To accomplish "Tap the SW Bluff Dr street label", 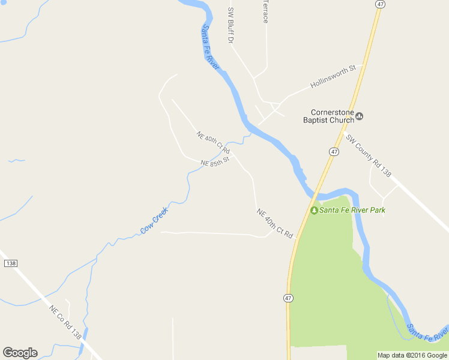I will pyautogui.click(x=230, y=25).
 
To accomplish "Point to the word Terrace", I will pyautogui.click(x=265, y=11).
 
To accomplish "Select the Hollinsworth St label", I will pyautogui.click(x=333, y=77).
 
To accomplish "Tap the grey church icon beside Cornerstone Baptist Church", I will pyautogui.click(x=360, y=116).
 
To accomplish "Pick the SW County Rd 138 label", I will pyautogui.click(x=369, y=155).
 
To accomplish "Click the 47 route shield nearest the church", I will pyautogui.click(x=334, y=152).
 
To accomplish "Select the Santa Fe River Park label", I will pyautogui.click(x=352, y=210).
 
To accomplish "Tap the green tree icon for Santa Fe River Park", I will pyautogui.click(x=314, y=210).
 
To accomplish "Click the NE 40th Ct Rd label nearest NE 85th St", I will pyautogui.click(x=213, y=142).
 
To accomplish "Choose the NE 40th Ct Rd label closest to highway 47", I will pyautogui.click(x=274, y=222).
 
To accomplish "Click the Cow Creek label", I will pyautogui.click(x=154, y=221).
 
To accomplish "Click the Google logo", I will pyautogui.click(x=20, y=352).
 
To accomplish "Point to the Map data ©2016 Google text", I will pyautogui.click(x=412, y=355).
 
